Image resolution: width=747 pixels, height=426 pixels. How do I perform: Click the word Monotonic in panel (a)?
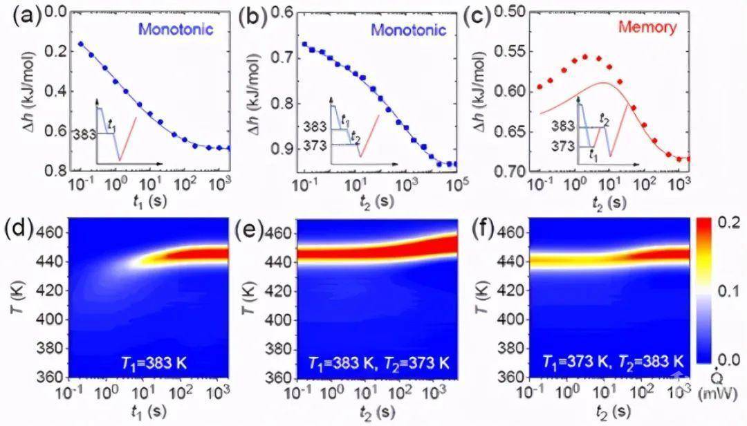(x=175, y=30)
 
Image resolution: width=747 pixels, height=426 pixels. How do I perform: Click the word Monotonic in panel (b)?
(x=407, y=30)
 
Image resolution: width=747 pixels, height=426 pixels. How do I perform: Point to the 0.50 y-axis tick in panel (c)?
(x=510, y=12)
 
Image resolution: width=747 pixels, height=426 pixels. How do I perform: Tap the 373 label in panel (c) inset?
(x=566, y=146)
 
